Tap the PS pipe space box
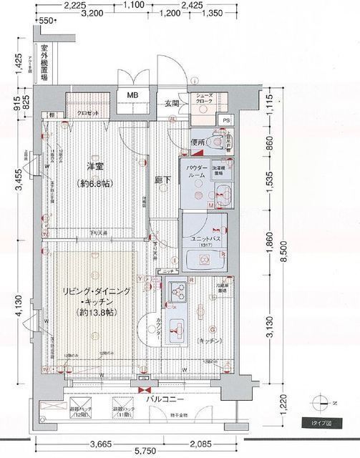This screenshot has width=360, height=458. pos(227,120)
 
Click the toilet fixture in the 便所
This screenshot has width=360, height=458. pos(217,142)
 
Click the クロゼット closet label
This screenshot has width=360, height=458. pos(87,114)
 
